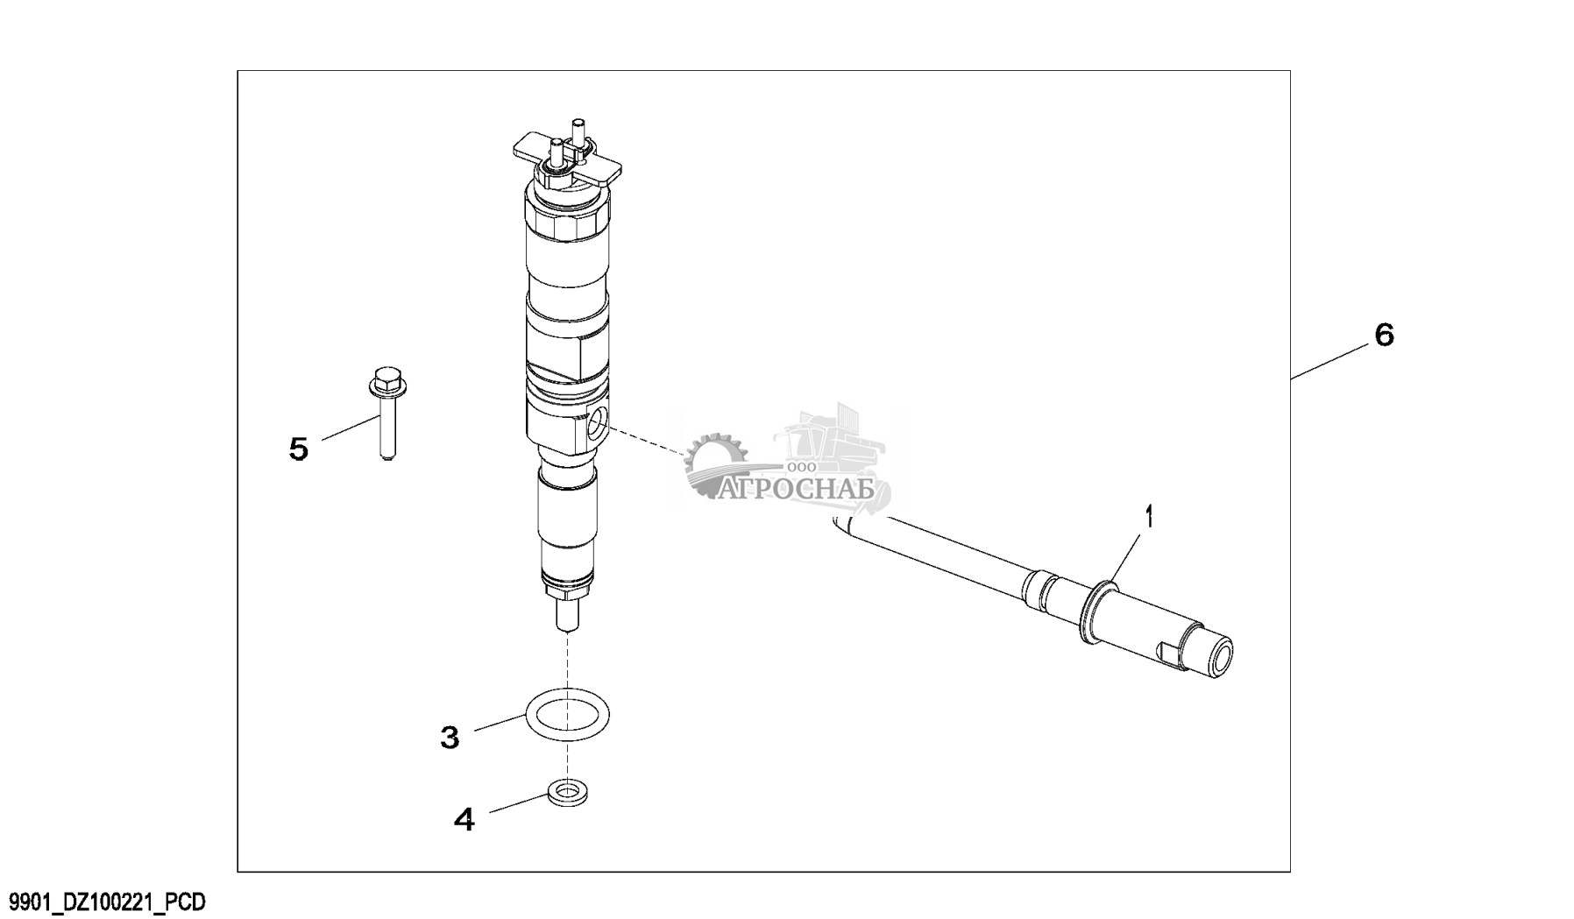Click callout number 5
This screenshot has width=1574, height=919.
click(x=299, y=449)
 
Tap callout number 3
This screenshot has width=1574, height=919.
click(x=450, y=738)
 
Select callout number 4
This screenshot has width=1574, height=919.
click(x=464, y=820)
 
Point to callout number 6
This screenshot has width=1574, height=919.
click(x=1384, y=335)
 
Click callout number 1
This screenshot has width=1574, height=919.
click(x=1150, y=516)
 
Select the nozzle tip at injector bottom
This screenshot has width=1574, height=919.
click(x=568, y=618)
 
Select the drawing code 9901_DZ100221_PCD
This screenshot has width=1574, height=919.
click(x=107, y=902)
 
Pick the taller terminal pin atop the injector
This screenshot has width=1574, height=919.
click(x=577, y=132)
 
